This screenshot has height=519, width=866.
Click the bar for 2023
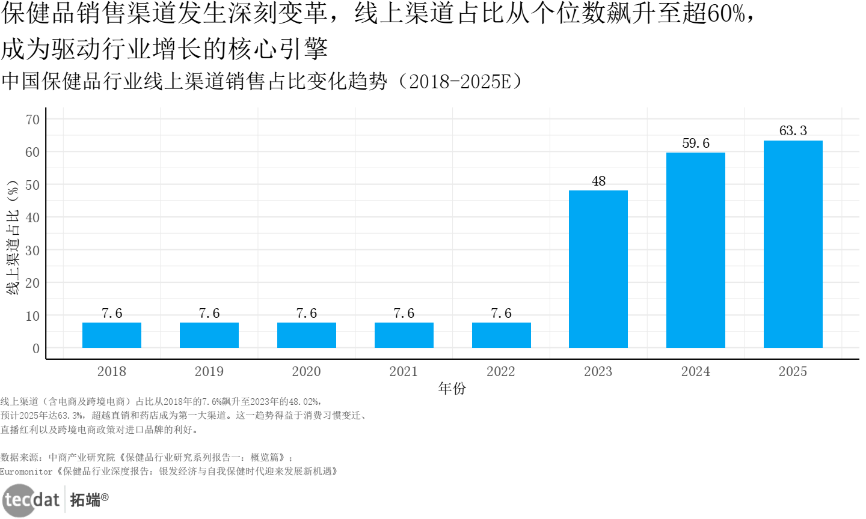(598, 269)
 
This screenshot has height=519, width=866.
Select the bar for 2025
(793, 244)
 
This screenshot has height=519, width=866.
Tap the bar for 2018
(112, 335)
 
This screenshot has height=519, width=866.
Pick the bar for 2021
(404, 335)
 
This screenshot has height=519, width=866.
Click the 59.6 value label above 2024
(695, 144)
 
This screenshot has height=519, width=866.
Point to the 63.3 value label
(793, 131)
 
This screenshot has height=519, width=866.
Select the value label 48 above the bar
(598, 181)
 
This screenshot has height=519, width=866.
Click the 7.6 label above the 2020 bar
(306, 314)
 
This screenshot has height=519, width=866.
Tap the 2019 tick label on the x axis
(209, 372)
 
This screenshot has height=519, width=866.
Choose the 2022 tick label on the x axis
(500, 372)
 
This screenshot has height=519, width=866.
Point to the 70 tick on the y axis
(32, 120)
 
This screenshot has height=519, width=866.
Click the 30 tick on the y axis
(32, 250)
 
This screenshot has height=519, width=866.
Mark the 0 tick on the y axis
(36, 348)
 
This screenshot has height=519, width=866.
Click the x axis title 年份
(452, 389)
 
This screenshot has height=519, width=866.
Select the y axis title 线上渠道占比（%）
(13, 237)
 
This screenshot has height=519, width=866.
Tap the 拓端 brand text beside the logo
(85, 500)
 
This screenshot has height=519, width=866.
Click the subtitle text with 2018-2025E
(262, 81)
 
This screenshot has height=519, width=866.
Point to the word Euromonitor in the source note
(26, 472)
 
